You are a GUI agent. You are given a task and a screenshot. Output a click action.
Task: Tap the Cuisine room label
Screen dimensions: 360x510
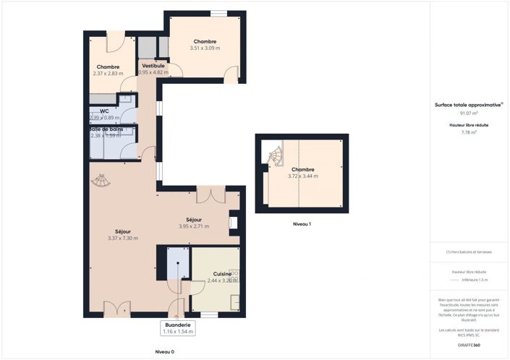pyautogui.click(x=218, y=274)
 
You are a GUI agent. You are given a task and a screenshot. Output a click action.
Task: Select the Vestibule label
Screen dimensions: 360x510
pyautogui.click(x=153, y=66)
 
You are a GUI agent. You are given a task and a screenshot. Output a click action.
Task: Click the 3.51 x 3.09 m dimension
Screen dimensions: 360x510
pyautogui.click(x=205, y=48)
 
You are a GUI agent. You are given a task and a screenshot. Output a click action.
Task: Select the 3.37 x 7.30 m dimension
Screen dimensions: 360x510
pyautogui.click(x=122, y=238)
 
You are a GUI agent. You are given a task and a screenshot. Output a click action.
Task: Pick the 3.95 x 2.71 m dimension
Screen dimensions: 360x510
pyautogui.click(x=193, y=226)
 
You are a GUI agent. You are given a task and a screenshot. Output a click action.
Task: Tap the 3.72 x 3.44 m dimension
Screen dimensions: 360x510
pyautogui.click(x=302, y=176)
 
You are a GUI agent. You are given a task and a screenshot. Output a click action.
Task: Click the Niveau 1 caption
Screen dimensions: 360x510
pyautogui.click(x=302, y=224)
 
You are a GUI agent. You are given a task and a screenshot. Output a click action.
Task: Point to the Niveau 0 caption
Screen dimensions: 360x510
pyautogui.click(x=164, y=351)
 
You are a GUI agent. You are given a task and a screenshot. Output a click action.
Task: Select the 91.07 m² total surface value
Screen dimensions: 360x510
pyautogui.click(x=469, y=113)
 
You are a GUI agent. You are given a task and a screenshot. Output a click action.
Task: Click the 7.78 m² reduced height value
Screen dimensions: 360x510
pyautogui.click(x=469, y=132)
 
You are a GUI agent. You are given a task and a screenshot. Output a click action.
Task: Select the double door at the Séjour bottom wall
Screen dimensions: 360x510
pyautogui.click(x=116, y=309)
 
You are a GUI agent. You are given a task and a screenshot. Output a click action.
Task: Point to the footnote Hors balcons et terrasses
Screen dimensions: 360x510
pyautogui.click(x=469, y=252)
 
